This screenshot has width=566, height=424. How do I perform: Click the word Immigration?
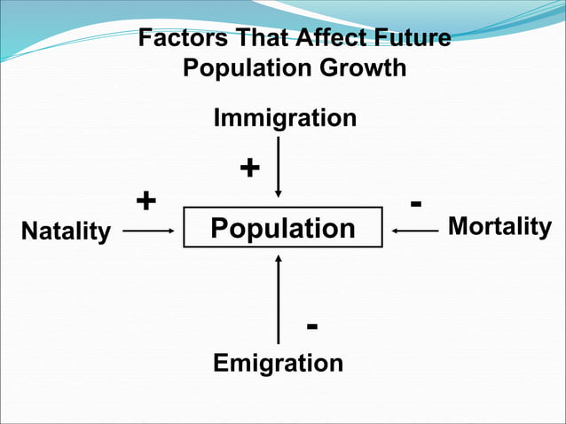click(x=285, y=118)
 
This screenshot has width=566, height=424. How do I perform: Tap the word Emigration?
click(x=278, y=363)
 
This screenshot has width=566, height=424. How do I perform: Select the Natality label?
click(x=66, y=232)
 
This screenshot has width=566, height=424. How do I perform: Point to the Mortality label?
click(x=499, y=226)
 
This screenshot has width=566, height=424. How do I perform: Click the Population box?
click(x=282, y=228)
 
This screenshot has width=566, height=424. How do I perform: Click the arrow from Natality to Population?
click(x=148, y=231)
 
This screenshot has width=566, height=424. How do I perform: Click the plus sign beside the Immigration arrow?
click(x=250, y=168)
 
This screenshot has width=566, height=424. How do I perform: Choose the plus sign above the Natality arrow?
click(x=145, y=200)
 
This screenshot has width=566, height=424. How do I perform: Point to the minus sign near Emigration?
click(x=311, y=327)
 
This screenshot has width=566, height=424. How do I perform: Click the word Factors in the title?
click(x=177, y=40)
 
